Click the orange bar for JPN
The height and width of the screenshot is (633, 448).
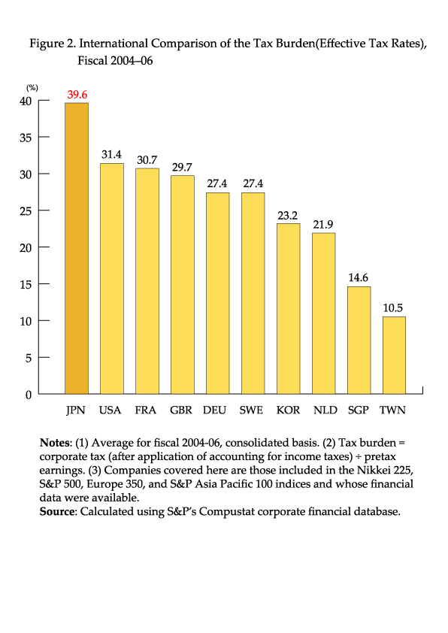click(77, 248)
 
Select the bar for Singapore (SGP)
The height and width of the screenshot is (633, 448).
click(359, 341)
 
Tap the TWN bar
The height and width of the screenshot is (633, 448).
click(394, 356)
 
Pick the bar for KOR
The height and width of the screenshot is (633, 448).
click(288, 308)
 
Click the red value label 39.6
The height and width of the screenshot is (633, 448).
click(77, 95)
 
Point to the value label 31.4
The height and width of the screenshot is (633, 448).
click(111, 155)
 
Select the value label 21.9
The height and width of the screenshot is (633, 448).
click(323, 225)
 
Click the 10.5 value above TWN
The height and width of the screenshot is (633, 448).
click(392, 308)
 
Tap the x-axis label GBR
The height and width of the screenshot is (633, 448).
click(181, 410)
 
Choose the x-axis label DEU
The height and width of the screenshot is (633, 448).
click(214, 410)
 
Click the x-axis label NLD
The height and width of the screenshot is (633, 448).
click(325, 410)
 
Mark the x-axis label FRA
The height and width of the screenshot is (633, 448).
click(145, 410)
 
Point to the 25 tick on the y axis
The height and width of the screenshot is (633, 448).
click(26, 211)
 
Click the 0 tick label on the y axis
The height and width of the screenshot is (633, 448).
click(29, 395)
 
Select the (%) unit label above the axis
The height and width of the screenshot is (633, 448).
click(32, 88)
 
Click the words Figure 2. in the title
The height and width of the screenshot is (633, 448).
click(53, 44)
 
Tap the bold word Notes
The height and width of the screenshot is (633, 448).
click(54, 443)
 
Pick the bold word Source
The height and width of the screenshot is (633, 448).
click(57, 511)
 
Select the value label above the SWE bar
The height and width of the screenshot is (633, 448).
click(253, 183)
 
